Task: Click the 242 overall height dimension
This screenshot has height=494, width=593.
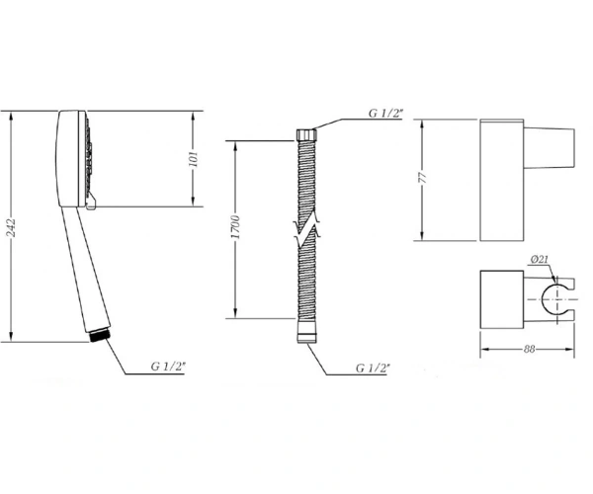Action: tap(12, 228)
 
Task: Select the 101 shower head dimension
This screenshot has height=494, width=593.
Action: tap(194, 159)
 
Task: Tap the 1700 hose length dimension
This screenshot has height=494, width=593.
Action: tap(235, 227)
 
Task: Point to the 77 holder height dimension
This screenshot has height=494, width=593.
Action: tap(423, 178)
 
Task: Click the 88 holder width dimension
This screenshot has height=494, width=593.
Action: tap(530, 349)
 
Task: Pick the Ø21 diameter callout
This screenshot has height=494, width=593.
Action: tap(539, 259)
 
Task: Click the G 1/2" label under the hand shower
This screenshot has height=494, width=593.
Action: tap(168, 367)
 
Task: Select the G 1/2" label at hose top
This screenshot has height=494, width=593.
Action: tap(386, 113)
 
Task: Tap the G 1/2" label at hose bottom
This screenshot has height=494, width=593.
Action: tap(373, 368)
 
